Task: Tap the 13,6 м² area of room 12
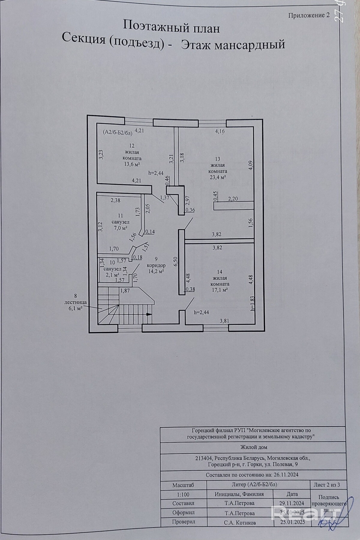pyautogui.click(x=132, y=164)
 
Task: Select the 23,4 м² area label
pyautogui.click(x=218, y=177)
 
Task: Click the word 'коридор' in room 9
pyautogui.click(x=156, y=265)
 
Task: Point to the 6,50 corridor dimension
pyautogui.click(x=176, y=261)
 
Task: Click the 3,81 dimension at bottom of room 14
pyautogui.click(x=225, y=321)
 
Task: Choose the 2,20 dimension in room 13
pyautogui.click(x=233, y=198)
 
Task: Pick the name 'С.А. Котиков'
pyautogui.click(x=239, y=522)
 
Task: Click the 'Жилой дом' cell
pyautogui.click(x=254, y=447)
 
